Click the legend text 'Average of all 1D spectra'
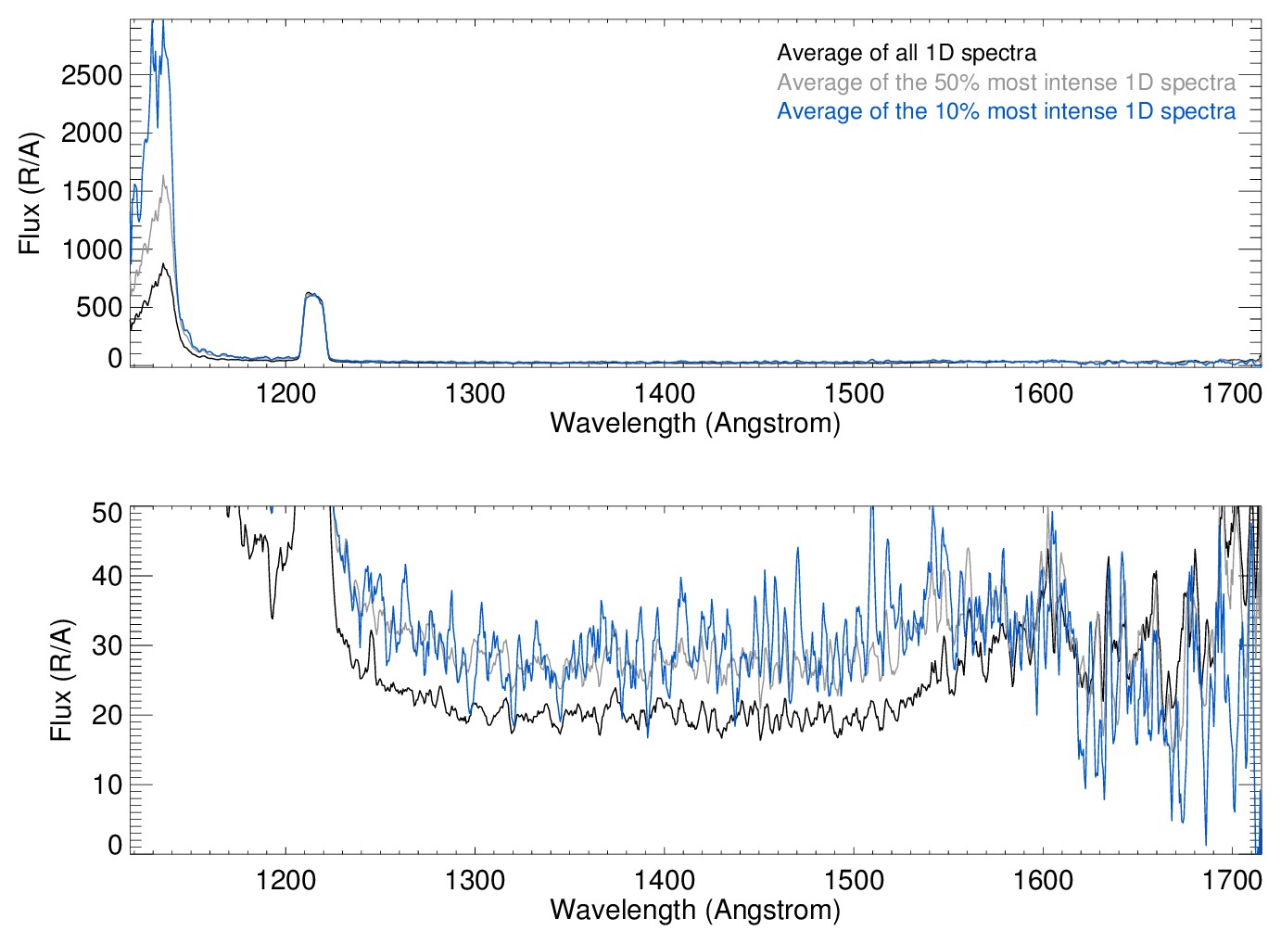[x=906, y=53]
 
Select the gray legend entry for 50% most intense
[x=1006, y=83]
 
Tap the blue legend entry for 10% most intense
[x=1006, y=111]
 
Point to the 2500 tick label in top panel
[x=91, y=75]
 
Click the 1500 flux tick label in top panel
[x=91, y=191]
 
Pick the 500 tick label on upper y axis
[x=98, y=307]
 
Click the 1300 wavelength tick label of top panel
[x=475, y=393]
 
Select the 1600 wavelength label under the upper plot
[x=1043, y=393]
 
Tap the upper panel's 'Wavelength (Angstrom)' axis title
[x=695, y=423]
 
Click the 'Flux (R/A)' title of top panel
[x=31, y=193]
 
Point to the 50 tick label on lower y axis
[x=107, y=512]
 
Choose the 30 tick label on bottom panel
[x=107, y=645]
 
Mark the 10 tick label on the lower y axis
[x=107, y=785]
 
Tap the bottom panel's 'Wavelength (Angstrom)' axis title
[x=695, y=910]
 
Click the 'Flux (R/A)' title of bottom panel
[x=61, y=680]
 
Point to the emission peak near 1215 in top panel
[x=312, y=294]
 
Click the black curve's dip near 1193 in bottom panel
[x=272, y=617]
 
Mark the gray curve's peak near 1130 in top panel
[x=164, y=176]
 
